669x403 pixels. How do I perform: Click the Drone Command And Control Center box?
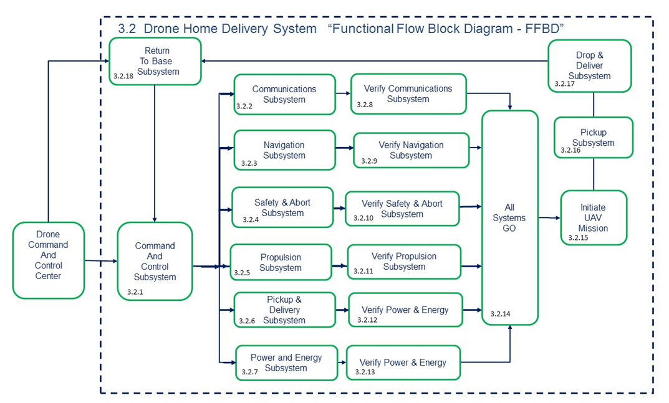coord(48,260)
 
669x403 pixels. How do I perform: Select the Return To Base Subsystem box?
coord(155,61)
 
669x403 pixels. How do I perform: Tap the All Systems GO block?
coord(509,217)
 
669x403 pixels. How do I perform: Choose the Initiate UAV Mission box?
coord(593,217)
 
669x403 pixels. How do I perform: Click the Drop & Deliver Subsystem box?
coord(589,65)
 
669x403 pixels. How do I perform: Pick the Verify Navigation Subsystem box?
coord(411,150)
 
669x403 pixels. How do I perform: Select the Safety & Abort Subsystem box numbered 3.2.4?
coord(282,207)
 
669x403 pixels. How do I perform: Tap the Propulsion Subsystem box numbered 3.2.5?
coord(281,262)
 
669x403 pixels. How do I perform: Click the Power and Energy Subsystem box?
coord(286,363)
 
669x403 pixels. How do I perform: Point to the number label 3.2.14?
coord(500,314)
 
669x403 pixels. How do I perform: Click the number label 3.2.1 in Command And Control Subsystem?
coord(135,292)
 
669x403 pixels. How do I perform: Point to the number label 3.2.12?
coord(367,320)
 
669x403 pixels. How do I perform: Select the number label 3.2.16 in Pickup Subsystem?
coord(570,150)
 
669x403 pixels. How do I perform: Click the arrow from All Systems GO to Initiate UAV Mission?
coord(549,218)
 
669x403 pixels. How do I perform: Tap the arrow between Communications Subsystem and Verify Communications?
coord(343,94)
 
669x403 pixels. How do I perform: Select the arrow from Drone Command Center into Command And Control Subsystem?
coord(100,261)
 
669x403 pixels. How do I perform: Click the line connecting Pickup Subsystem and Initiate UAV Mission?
coord(593,174)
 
